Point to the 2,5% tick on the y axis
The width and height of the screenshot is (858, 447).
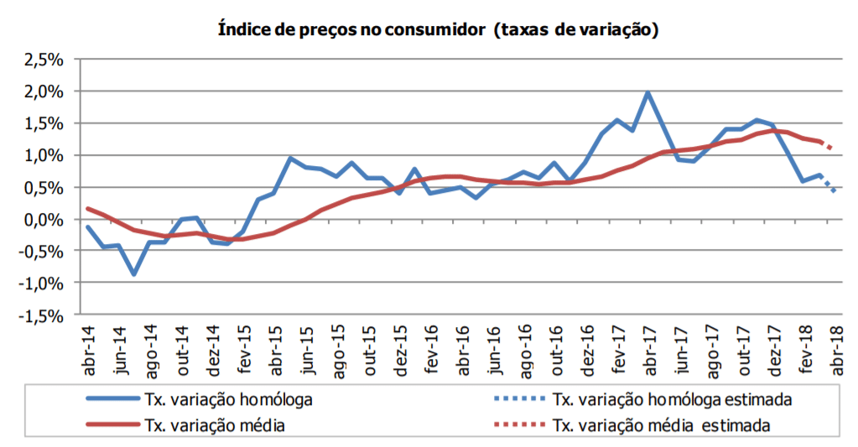[x=41, y=60]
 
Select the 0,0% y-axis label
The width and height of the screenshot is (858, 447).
[x=41, y=220]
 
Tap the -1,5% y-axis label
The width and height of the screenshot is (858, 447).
[x=39, y=316]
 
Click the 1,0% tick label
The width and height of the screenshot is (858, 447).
[x=41, y=156]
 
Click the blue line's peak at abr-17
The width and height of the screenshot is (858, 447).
[x=647, y=93]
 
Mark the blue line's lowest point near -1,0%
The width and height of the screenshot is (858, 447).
[x=134, y=273]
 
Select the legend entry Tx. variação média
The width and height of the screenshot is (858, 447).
[x=215, y=426]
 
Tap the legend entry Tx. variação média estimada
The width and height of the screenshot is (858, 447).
[x=662, y=426]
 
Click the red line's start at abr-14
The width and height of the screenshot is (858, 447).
[x=88, y=209]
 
